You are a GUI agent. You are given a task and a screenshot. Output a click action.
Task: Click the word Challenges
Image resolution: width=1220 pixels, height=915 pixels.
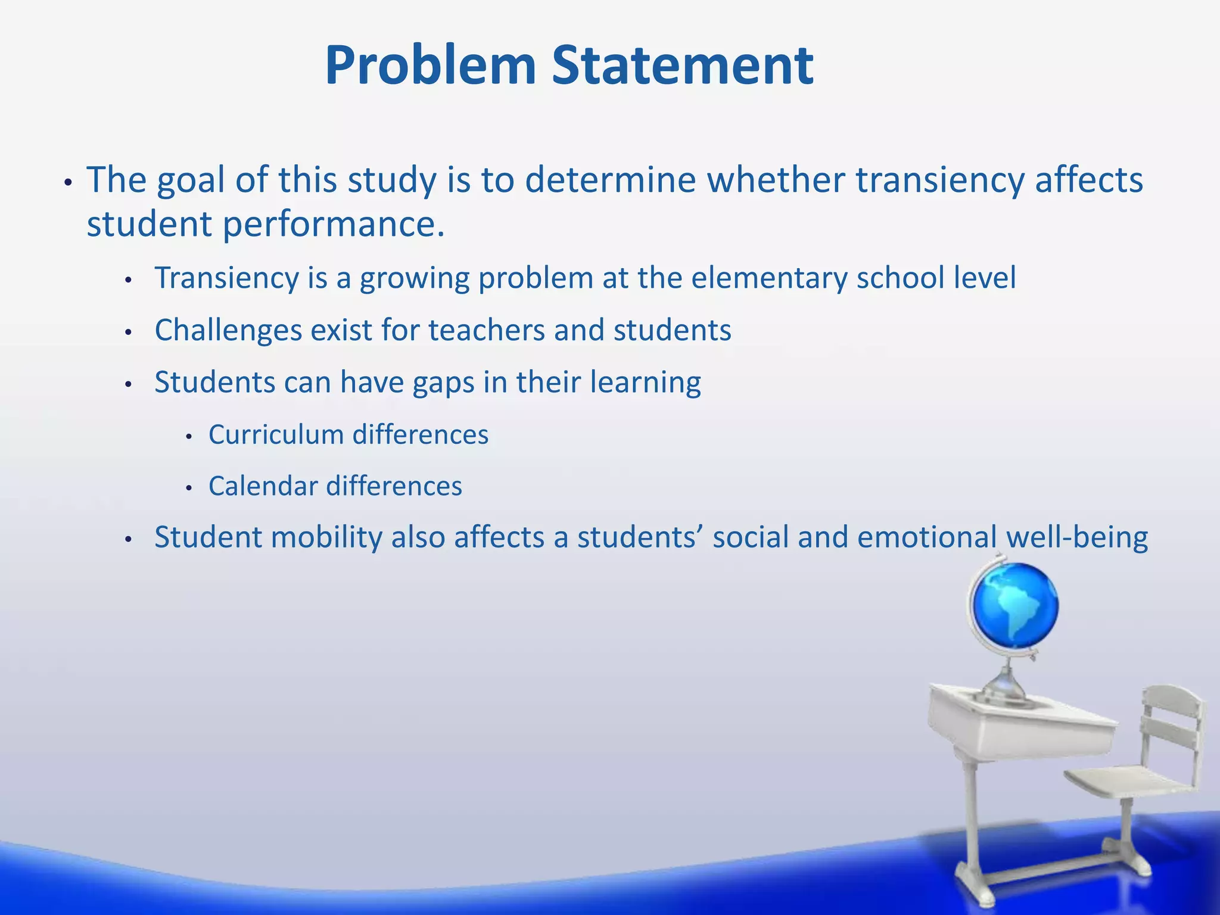(228, 330)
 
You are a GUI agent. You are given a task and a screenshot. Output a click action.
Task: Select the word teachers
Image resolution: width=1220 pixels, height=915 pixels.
(486, 330)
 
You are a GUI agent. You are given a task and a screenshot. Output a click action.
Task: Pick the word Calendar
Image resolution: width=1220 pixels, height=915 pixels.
(263, 486)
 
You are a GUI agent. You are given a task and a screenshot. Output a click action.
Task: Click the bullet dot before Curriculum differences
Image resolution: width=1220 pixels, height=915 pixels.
(189, 437)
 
